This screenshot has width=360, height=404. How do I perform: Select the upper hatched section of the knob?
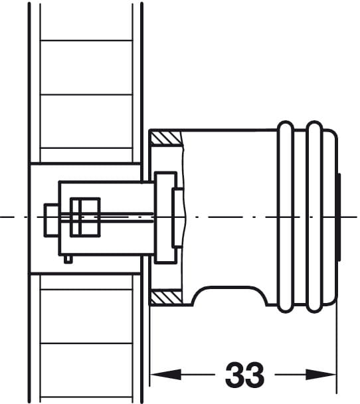pyautogui.click(x=166, y=138)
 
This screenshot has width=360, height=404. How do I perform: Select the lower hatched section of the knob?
pyautogui.click(x=166, y=297)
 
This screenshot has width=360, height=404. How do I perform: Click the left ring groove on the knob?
pyautogui.click(x=286, y=217)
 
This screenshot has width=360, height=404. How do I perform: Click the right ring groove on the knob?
pyautogui.click(x=315, y=217)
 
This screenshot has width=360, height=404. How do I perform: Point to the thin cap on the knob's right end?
pyautogui.click(x=339, y=218)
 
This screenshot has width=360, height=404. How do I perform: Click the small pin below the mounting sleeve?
pyautogui.click(x=68, y=259)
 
